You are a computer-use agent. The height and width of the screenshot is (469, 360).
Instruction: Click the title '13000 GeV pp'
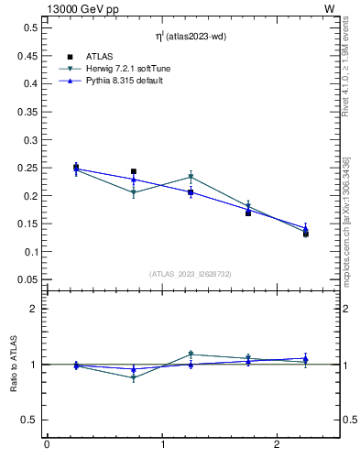tap(78, 8)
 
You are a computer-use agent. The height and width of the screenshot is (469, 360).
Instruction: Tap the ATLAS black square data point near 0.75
tap(134, 171)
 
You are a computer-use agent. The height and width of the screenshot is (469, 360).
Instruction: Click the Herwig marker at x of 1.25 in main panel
tap(191, 177)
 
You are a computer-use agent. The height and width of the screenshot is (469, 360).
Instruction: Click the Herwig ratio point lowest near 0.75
tap(134, 377)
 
